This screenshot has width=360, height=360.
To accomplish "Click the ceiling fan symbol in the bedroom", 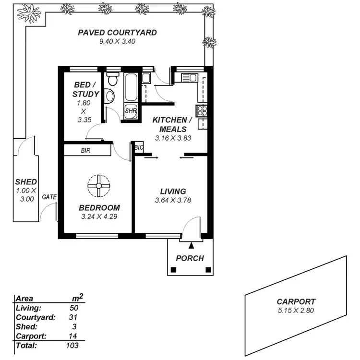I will tap(98, 185).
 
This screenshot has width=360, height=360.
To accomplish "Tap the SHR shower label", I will tap(131, 111).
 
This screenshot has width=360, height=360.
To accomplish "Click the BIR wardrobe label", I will tap(86, 151).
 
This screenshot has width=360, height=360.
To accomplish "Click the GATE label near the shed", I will tap(49, 197).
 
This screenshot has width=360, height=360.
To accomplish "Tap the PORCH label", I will tap(190, 258).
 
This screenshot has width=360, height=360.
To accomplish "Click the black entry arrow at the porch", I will tap(192, 246).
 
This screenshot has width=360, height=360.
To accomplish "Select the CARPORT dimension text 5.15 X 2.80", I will tap(296, 310).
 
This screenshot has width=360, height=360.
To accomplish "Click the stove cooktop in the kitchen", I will tap(202, 110).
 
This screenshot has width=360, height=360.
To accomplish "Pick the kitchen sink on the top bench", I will tap(188, 77).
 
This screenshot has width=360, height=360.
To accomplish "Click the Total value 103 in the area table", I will tap(72, 345).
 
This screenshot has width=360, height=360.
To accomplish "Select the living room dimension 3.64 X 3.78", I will tap(173, 200).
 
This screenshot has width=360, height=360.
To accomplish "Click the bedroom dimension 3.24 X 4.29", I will tap(99, 216).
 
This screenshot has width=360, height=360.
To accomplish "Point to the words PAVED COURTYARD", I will tap(117, 33).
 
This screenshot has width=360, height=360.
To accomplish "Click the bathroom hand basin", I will tap(110, 96).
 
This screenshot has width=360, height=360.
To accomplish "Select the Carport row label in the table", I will tap(30, 336).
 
